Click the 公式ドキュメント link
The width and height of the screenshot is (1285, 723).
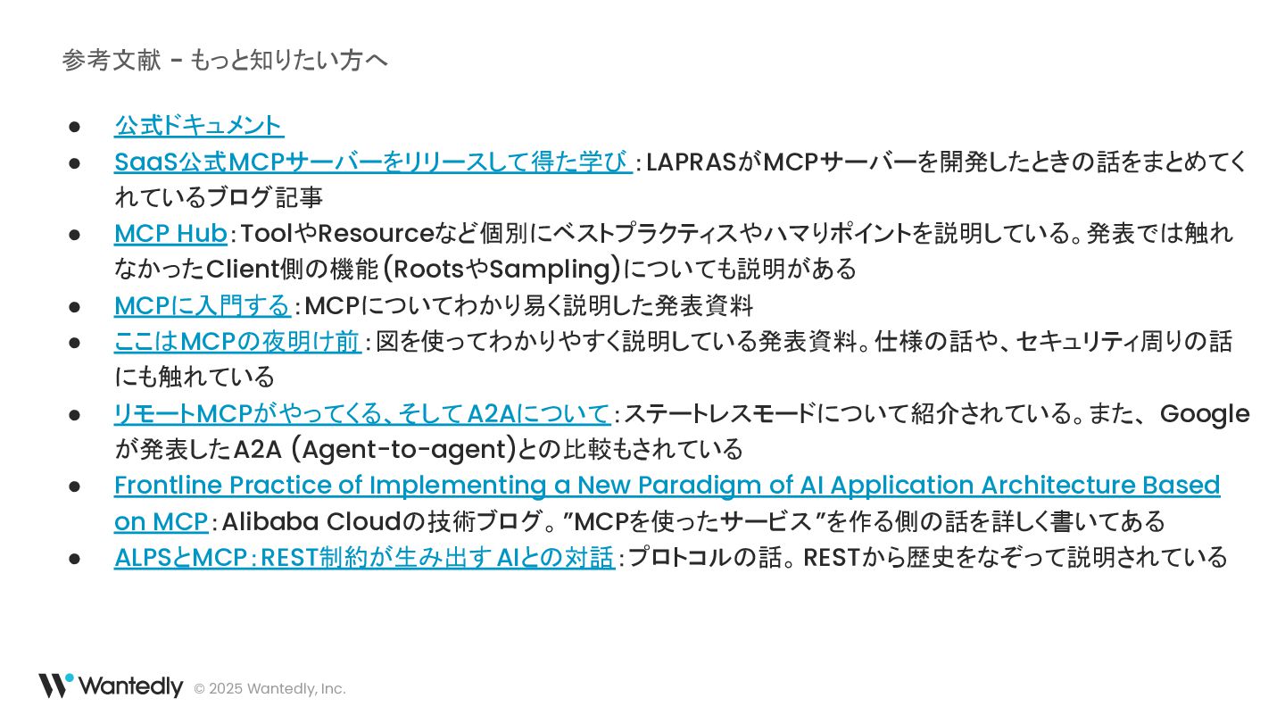click(198, 126)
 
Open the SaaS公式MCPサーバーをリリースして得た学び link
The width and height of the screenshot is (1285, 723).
click(372, 162)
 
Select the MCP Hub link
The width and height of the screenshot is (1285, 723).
click(170, 234)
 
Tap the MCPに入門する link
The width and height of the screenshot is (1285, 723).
click(202, 305)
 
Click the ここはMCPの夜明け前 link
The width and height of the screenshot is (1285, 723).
click(237, 341)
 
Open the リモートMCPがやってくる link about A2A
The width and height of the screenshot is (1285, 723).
click(361, 414)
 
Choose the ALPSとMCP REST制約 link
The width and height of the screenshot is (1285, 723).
click(363, 557)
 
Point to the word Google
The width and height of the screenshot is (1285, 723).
click(1205, 414)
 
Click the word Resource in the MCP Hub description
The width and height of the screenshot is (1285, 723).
click(376, 234)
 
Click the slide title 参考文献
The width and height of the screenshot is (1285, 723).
click(112, 61)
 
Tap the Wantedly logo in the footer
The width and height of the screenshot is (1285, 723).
click(110, 686)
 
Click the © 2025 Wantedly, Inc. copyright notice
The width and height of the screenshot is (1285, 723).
click(269, 689)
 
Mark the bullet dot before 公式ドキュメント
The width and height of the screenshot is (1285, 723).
click(75, 127)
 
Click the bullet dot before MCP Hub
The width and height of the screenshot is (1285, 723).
click(75, 235)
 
